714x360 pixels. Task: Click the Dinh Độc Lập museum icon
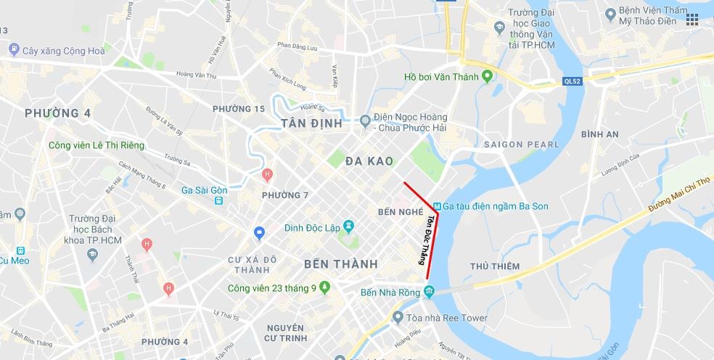tap(349, 227)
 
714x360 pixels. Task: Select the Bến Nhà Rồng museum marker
tap(429, 292)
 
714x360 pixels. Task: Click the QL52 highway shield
tap(572, 81)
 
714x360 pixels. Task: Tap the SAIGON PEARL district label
tap(522, 144)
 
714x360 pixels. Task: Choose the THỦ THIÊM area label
tap(494, 266)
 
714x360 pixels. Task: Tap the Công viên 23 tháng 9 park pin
tap(324, 287)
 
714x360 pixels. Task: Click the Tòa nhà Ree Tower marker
tap(397, 317)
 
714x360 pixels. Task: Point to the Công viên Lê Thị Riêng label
tap(97, 145)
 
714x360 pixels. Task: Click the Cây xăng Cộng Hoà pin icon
tap(14, 50)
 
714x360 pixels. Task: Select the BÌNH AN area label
tap(600, 134)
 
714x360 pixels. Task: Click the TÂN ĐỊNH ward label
tap(311, 123)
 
